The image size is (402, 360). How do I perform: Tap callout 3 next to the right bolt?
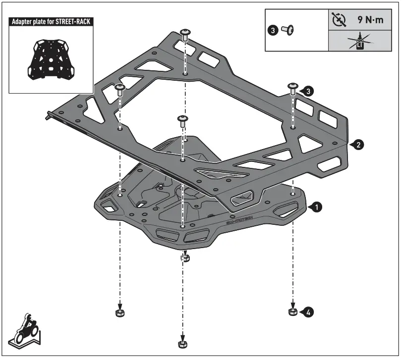point(308,91)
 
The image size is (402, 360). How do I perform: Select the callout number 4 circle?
point(308,312)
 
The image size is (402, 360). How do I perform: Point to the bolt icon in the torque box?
point(287,31)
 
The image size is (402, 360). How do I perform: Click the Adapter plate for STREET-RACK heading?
point(52,22)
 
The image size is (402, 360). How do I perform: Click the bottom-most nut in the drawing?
point(182,344)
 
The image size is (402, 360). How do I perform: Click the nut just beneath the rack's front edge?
point(185,257)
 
